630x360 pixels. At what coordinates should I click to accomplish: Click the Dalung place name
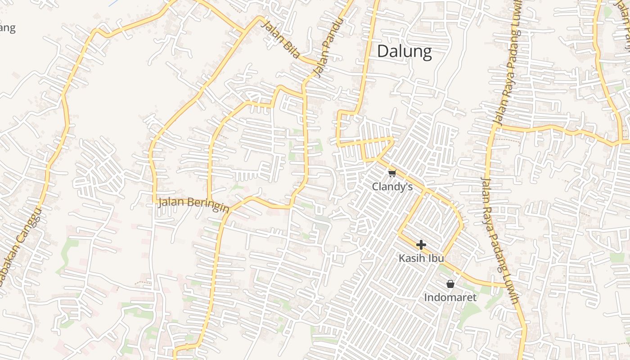pyautogui.click(x=404, y=51)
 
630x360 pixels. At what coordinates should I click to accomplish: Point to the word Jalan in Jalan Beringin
pyautogui.click(x=171, y=202)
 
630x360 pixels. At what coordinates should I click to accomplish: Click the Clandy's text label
pyautogui.click(x=392, y=186)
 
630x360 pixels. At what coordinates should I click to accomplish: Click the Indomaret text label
pyautogui.click(x=450, y=297)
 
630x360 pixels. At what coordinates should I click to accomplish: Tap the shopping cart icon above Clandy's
pyautogui.click(x=392, y=173)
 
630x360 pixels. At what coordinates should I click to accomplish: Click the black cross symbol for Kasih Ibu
pyautogui.click(x=421, y=245)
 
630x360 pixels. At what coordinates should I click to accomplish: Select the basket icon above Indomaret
pyautogui.click(x=450, y=284)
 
